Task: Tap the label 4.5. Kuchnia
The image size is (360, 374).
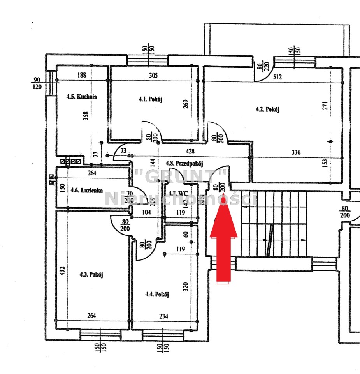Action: click(x=81, y=97)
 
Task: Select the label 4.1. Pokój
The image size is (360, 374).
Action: click(x=150, y=99)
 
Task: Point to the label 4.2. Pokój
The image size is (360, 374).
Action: click(x=268, y=109)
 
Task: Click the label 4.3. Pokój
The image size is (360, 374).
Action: click(x=91, y=275)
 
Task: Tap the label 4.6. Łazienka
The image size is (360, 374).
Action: click(x=86, y=190)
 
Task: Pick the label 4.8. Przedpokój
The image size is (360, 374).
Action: click(x=184, y=164)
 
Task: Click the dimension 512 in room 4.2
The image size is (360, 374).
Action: click(x=277, y=77)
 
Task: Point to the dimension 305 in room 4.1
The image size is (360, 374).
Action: click(x=153, y=76)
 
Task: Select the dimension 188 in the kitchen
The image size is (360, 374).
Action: click(x=81, y=76)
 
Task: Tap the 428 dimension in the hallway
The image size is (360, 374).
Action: click(x=190, y=151)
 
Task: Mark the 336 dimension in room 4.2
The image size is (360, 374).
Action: click(x=296, y=152)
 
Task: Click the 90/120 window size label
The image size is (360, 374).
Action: click(x=37, y=83)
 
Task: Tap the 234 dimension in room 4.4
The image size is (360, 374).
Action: click(x=163, y=316)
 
